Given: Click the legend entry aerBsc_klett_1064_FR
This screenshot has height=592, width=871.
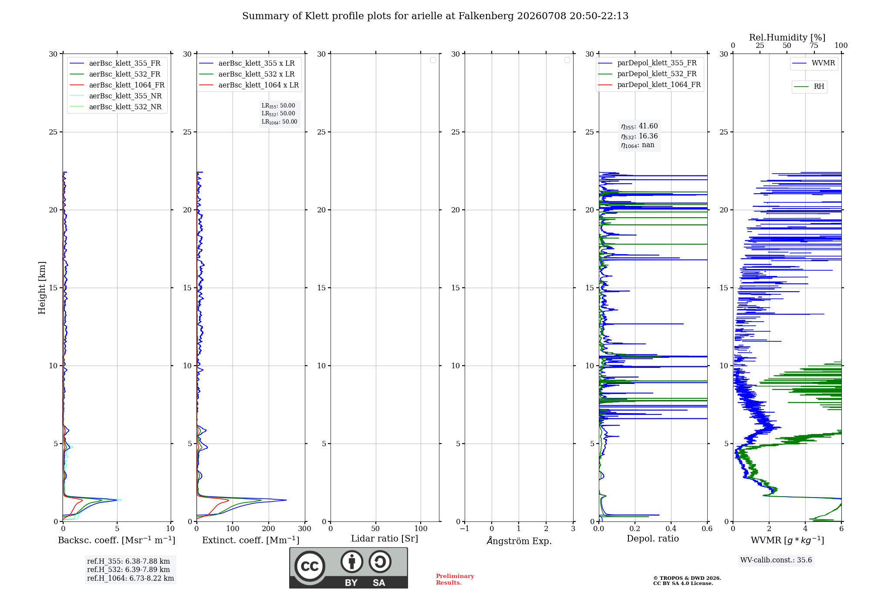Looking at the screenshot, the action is pyautogui.click(x=117, y=85).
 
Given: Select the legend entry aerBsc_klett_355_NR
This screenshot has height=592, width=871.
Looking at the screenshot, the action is pyautogui.click(x=116, y=96).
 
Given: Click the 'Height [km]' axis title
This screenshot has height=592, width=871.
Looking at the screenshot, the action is pyautogui.click(x=42, y=288).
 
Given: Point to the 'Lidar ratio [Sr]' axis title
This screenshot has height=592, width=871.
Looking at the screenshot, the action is pyautogui.click(x=385, y=539).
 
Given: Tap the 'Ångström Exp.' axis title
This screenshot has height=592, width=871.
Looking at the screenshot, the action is pyautogui.click(x=519, y=540).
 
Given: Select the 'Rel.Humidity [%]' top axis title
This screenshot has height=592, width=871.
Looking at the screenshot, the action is pyautogui.click(x=787, y=37).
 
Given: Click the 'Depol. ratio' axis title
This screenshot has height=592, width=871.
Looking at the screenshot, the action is pyautogui.click(x=653, y=538).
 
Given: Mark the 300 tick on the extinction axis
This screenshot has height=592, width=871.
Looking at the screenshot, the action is pyautogui.click(x=305, y=528).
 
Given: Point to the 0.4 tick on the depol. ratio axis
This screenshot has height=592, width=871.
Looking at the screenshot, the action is pyautogui.click(x=671, y=528).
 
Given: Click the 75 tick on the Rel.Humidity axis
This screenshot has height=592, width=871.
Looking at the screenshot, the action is pyautogui.click(x=814, y=46).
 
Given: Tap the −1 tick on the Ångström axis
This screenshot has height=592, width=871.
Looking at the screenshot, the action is pyautogui.click(x=465, y=528).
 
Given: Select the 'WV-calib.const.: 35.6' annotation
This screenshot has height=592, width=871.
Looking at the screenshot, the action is pyautogui.click(x=776, y=560).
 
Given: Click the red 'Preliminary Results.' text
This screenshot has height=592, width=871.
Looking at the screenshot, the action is pyautogui.click(x=455, y=579).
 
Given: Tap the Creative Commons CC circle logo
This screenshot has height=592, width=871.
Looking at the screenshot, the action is pyautogui.click(x=310, y=566).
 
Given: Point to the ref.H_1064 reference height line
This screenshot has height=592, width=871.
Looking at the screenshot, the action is pyautogui.click(x=131, y=578).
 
